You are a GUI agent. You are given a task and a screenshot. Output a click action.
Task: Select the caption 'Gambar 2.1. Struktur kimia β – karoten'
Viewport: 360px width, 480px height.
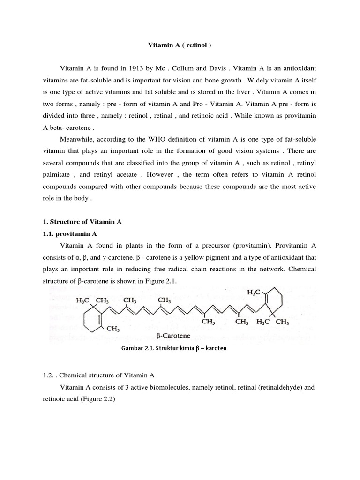point(171,349)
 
